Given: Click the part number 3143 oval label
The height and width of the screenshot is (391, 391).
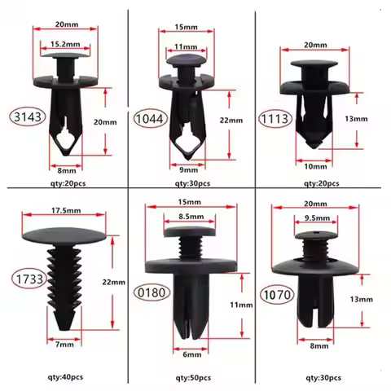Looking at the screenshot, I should point(27,116).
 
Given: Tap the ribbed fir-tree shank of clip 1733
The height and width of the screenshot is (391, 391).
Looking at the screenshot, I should point(65,277).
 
